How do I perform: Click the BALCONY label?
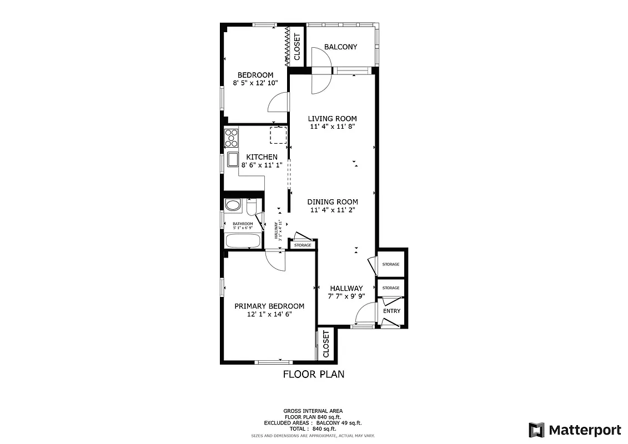point(340,47)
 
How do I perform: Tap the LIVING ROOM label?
point(332,118)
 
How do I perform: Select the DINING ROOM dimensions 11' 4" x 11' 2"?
point(332,210)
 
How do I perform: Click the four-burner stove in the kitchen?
point(231,138)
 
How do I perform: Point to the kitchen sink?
point(232,160)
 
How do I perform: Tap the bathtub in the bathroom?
point(243,241)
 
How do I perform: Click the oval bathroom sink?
point(234,205)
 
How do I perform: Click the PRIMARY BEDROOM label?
point(269,306)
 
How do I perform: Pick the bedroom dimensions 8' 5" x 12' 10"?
point(255,83)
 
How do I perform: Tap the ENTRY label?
point(391,311)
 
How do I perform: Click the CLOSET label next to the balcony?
point(297,47)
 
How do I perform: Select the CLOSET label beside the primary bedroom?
point(326,344)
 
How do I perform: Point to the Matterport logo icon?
point(536,430)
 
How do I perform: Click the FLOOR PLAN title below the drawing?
point(314,374)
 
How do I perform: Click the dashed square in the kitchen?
point(278,135)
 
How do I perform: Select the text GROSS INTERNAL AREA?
point(314,411)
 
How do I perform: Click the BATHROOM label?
point(243,224)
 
